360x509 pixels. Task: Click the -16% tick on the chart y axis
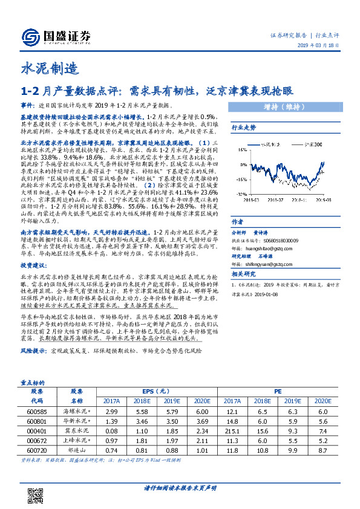coord(238,179)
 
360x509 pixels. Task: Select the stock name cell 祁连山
coord(77,450)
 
